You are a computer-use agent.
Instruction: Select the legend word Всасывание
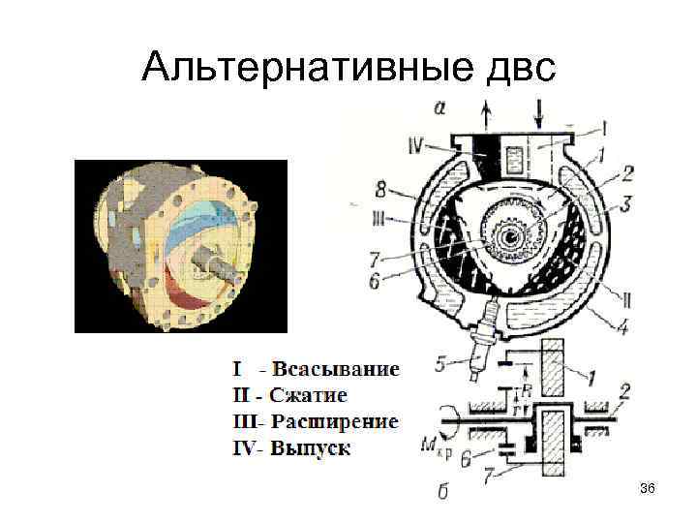pos(335,369)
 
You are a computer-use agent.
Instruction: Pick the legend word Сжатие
pos(308,395)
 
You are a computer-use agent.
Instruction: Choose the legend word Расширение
pos(334,421)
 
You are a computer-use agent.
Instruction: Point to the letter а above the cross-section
pos(440,108)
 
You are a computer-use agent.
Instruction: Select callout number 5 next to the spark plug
pos(440,365)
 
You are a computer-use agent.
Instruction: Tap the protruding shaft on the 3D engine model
pos(219,261)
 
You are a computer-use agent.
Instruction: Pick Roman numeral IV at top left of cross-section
pos(417,147)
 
